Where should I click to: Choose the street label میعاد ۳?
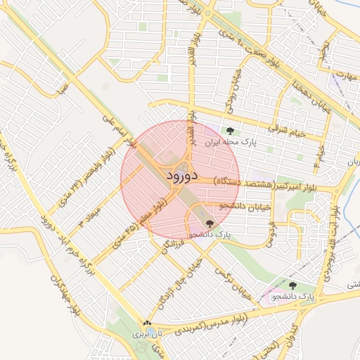[90, 214]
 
